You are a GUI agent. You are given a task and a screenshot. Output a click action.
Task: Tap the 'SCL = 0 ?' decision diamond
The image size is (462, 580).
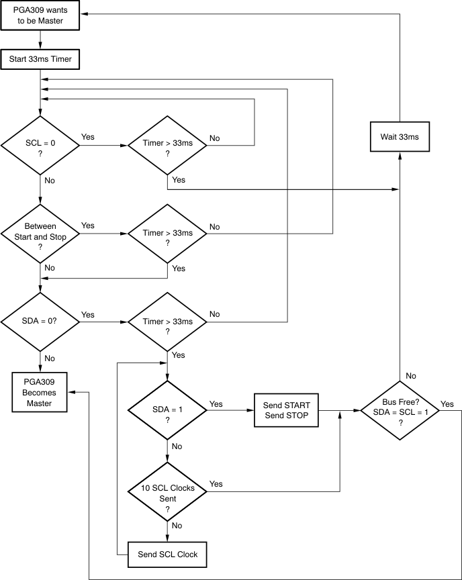coord(40,144)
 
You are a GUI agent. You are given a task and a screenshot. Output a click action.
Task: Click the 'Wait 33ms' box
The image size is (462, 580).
coord(400,137)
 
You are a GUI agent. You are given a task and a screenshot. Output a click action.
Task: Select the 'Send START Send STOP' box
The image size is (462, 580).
coord(286,409)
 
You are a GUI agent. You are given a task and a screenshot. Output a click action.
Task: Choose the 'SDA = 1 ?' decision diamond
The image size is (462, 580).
coord(167,409)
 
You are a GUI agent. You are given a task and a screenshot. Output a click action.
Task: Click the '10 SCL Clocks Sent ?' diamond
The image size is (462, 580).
coord(167,493)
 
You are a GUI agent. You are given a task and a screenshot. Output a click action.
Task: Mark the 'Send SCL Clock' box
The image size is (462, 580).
coord(167,554)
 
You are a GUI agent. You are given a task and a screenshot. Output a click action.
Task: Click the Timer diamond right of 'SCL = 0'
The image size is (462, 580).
coord(167,144)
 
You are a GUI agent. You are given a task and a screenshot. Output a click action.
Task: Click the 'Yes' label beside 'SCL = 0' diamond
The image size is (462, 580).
coord(88,137)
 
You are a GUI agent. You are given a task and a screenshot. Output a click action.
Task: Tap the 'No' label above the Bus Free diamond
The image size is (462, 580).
coord(410,375)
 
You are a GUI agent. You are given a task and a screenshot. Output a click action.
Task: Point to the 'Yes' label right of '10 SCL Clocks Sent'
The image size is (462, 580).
coord(216,484)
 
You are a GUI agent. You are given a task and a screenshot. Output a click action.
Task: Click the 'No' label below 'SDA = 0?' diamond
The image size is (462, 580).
coord(50,358)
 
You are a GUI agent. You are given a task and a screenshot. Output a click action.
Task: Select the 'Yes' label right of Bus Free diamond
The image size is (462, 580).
coord(447,403)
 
